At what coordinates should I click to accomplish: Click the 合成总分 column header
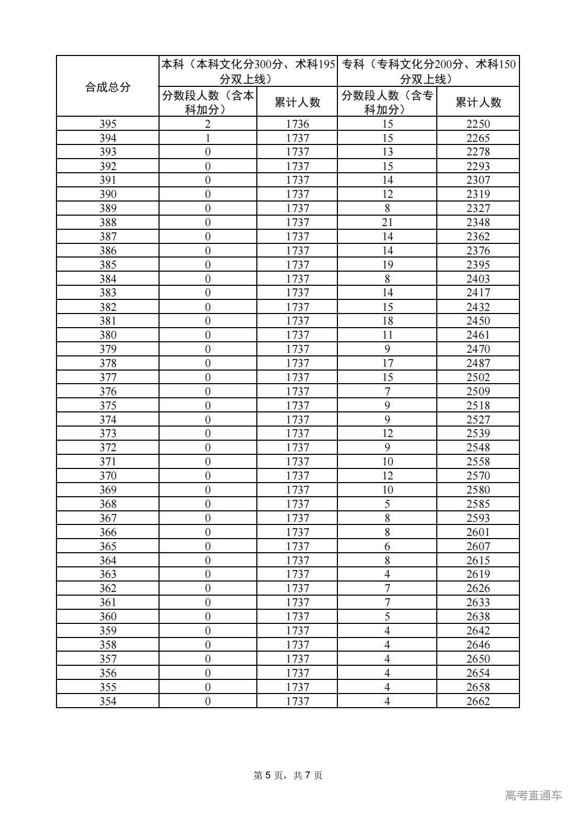[x=107, y=87]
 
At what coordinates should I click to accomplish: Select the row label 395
[x=107, y=124]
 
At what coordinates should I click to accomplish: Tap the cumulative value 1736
[x=297, y=124]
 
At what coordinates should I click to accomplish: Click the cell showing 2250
[x=478, y=124]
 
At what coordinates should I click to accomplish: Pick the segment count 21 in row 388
[x=387, y=222]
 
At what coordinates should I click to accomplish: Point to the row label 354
[x=107, y=701]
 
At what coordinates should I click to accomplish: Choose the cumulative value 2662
[x=478, y=701]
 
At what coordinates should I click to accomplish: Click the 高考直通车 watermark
[x=534, y=795]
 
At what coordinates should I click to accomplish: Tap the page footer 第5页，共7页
[x=288, y=775]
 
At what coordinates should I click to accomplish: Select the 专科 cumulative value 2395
[x=478, y=265]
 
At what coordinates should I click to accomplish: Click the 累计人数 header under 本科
[x=297, y=102]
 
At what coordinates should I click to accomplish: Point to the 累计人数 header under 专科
[x=478, y=102]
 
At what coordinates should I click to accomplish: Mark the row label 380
[x=107, y=335]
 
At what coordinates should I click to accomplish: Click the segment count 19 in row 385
[x=387, y=265]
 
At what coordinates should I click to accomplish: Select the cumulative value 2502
[x=478, y=377]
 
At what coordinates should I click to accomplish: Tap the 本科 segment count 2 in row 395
[x=208, y=124]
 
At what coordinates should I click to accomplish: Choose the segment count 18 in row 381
[x=387, y=321]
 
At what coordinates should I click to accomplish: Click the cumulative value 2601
[x=478, y=532]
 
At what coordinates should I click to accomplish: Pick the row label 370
[x=107, y=476]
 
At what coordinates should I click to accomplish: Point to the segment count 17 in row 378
[x=387, y=363]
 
